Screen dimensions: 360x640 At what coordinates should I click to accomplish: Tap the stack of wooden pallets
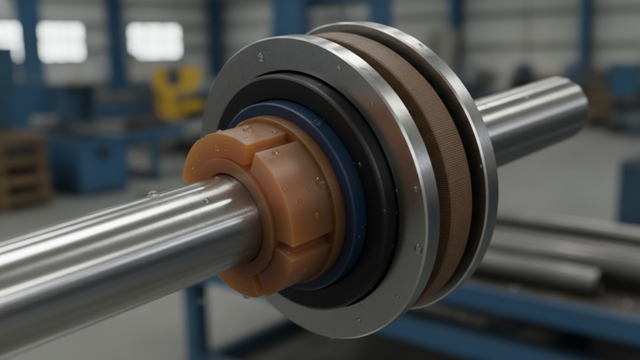22,170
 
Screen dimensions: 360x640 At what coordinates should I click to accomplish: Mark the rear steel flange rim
480,150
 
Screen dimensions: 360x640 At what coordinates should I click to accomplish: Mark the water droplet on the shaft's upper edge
152,193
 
